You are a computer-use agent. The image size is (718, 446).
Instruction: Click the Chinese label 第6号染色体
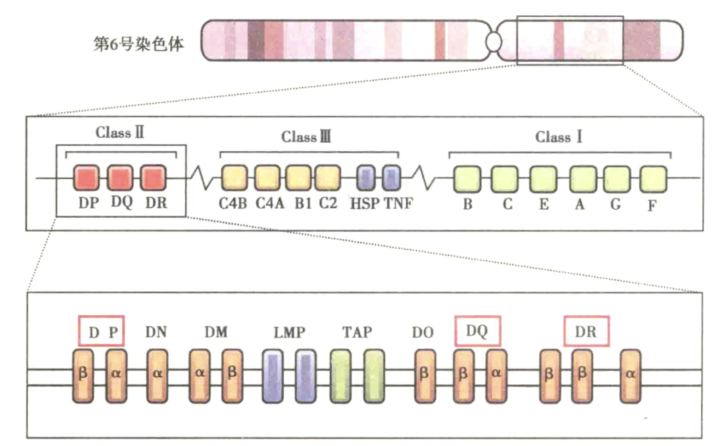coord(138,44)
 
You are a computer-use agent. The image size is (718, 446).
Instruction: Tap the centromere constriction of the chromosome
coord(494,42)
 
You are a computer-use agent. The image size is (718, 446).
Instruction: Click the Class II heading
coord(119,132)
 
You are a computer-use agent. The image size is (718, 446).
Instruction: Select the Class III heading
coord(306,137)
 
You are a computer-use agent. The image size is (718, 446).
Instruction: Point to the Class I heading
coord(558,137)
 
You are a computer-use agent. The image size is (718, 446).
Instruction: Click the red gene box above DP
coord(86,178)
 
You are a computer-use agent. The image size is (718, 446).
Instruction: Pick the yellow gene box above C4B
coord(234,178)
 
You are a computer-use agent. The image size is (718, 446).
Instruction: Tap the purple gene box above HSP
coord(366,178)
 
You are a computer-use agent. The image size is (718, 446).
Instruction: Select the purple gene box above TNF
coord(391,178)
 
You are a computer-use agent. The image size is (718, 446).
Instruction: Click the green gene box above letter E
coord(543,179)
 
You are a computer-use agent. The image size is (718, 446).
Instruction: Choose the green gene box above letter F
coord(653,179)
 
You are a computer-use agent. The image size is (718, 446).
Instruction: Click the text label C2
coord(328,203)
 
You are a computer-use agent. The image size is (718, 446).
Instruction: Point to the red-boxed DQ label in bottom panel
coord(477,331)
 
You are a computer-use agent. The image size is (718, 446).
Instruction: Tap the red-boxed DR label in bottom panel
coord(586,331)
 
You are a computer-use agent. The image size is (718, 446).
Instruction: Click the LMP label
coord(289,332)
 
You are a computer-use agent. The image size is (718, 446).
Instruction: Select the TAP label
coord(357,332)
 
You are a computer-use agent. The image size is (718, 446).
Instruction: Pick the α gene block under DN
coord(157,376)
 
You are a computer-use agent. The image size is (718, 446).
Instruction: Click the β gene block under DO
coord(424,376)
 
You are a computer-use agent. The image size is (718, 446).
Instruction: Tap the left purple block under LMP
coord(273,376)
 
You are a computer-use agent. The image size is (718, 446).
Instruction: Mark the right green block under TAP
coord(374,376)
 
